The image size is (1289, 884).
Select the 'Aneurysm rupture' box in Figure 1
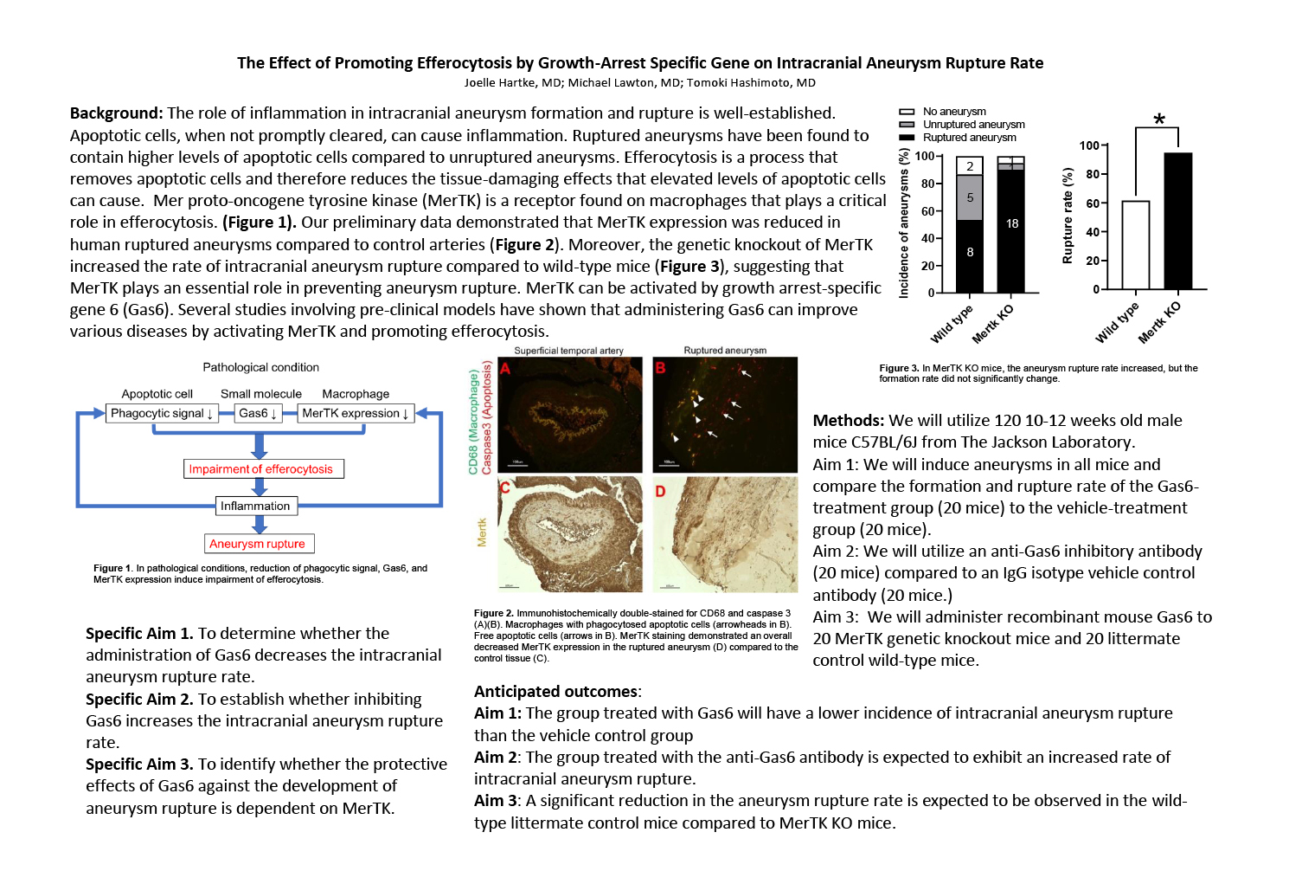pyautogui.click(x=259, y=544)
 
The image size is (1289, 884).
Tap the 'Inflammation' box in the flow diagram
pyautogui.click(x=255, y=506)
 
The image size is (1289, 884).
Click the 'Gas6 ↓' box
pyautogui.click(x=258, y=414)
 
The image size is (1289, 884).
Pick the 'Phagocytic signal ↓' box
pyautogui.click(x=162, y=414)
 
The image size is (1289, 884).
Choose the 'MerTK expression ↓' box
pyautogui.click(x=355, y=414)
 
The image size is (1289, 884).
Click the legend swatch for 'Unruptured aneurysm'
pyautogui.click(x=907, y=125)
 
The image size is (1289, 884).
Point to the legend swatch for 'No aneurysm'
pyautogui.click(x=907, y=112)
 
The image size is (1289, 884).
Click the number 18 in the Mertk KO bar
pyautogui.click(x=1011, y=224)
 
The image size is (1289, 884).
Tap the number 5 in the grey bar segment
pyautogui.click(x=970, y=197)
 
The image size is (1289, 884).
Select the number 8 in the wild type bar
pyautogui.click(x=970, y=253)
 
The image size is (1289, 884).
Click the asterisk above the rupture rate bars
pyautogui.click(x=1159, y=120)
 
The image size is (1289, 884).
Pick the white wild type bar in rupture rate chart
pyautogui.click(x=1135, y=246)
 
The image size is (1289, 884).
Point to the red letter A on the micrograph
pyautogui.click(x=506, y=369)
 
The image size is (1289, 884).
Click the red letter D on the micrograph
pyautogui.click(x=661, y=492)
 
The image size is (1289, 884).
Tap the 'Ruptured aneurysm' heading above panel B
pyautogui.click(x=725, y=351)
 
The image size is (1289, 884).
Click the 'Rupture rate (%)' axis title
pyautogui.click(x=1068, y=216)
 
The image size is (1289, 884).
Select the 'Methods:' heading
pyautogui.click(x=848, y=421)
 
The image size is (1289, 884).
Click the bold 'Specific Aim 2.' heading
pyautogui.click(x=139, y=700)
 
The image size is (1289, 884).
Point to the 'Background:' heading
pyautogui.click(x=116, y=113)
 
